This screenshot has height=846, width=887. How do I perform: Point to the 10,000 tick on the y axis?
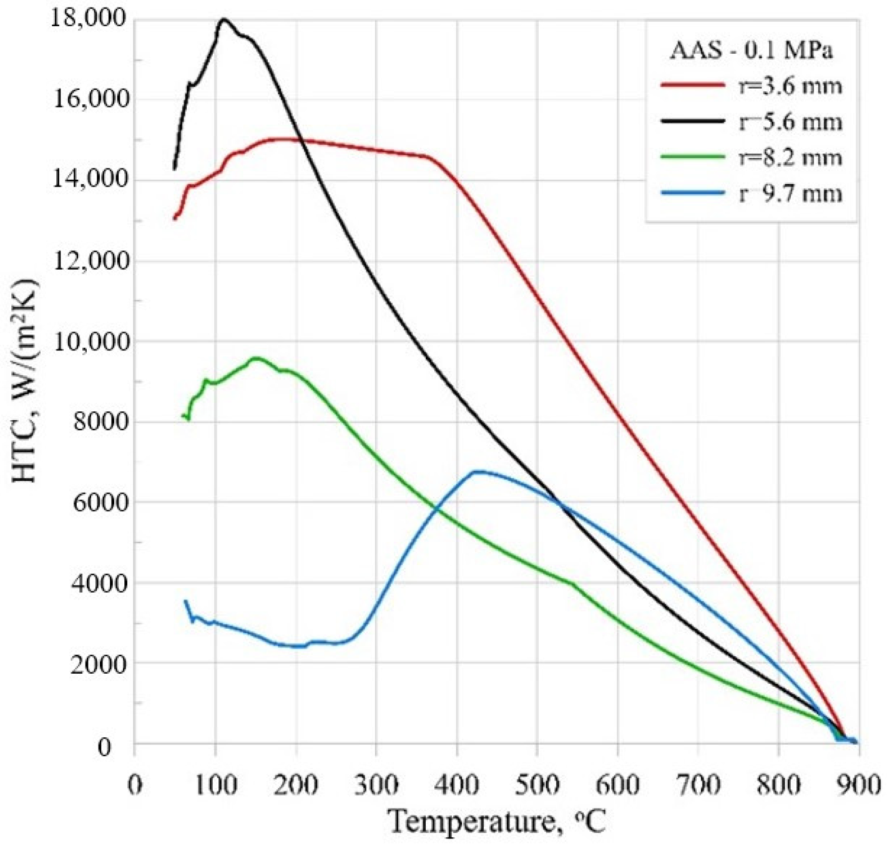pyautogui.click(x=91, y=342)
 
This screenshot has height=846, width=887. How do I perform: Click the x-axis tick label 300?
pyautogui.click(x=376, y=784)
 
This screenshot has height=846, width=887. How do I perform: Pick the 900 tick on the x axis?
pyautogui.click(x=858, y=784)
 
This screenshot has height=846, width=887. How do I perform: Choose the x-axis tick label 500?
pyautogui.click(x=537, y=784)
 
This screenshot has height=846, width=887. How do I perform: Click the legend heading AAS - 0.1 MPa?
pyautogui.click(x=751, y=50)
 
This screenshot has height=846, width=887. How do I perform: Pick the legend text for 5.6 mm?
pyautogui.click(x=790, y=122)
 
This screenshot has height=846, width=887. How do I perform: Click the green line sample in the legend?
pyautogui.click(x=692, y=157)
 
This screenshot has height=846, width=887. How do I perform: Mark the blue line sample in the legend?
pyautogui.click(x=692, y=193)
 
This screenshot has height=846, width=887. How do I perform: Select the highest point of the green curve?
pyautogui.click(x=256, y=358)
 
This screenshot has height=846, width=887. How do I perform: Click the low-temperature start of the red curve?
pyautogui.click(x=175, y=219)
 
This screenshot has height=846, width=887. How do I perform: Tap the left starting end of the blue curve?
pyautogui.click(x=185, y=601)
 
